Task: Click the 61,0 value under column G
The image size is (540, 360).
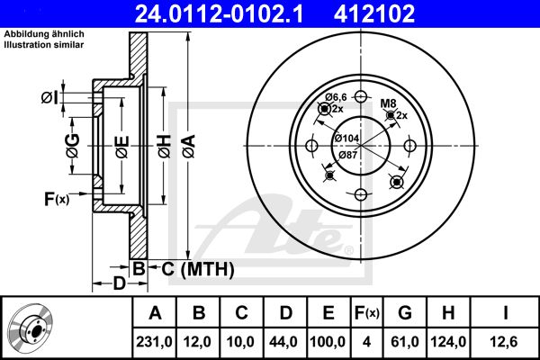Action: point(405,342)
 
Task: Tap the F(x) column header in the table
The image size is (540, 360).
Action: point(367,313)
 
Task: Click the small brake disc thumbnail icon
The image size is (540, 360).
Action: point(31,328)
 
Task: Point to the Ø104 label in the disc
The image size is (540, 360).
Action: point(346,138)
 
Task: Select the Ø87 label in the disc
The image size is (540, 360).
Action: point(346,154)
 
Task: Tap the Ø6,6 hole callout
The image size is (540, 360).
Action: point(336,96)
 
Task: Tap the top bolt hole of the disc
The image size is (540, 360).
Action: point(360,98)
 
